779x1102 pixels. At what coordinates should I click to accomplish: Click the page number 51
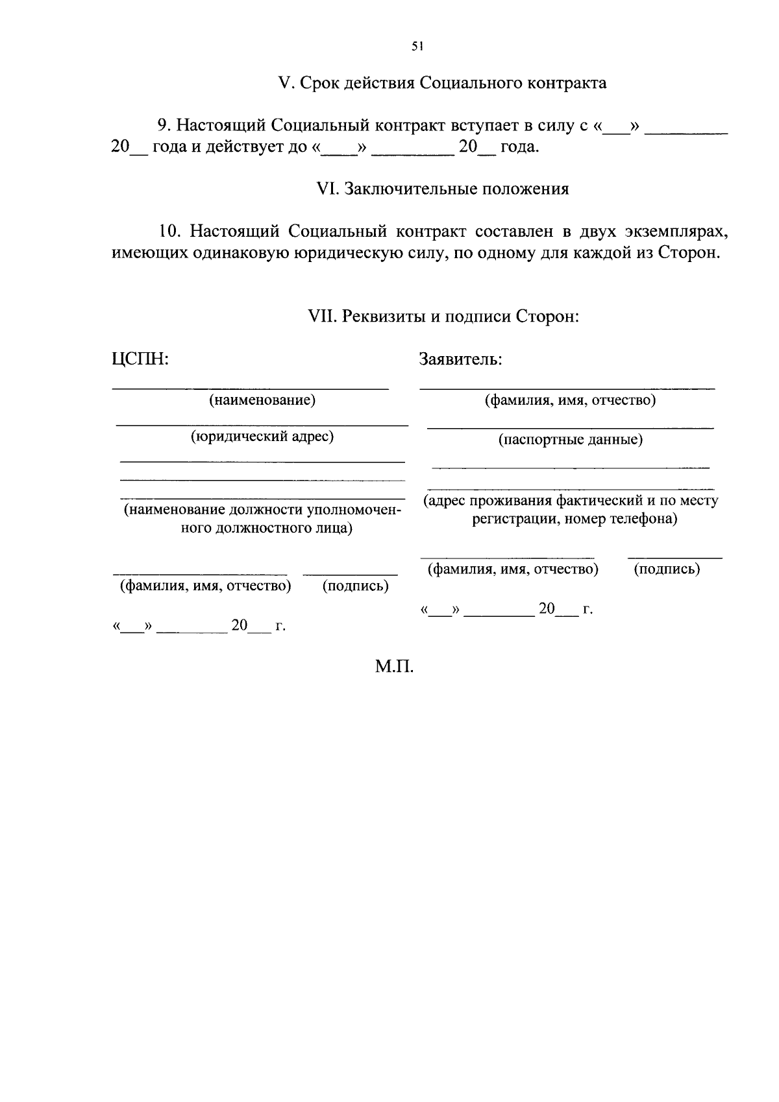pos(417,46)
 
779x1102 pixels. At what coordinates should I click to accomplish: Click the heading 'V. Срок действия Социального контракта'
pos(442,83)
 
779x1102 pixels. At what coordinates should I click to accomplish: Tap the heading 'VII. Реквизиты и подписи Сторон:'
pos(442,317)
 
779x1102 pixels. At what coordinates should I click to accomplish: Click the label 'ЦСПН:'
pos(140,359)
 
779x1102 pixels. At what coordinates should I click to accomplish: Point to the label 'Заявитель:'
pos(460,359)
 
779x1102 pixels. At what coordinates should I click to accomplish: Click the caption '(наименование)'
pos(262,400)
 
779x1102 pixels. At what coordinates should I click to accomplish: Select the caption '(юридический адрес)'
pos(262,436)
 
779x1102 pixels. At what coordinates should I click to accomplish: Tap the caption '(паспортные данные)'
pos(570,440)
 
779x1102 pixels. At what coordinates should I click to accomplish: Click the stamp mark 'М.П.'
pos(394,666)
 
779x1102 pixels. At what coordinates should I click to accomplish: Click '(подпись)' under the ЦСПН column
pos(355,586)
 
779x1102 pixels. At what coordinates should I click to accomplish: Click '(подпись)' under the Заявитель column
pos(666,569)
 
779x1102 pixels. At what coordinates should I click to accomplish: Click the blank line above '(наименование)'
pos(251,389)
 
